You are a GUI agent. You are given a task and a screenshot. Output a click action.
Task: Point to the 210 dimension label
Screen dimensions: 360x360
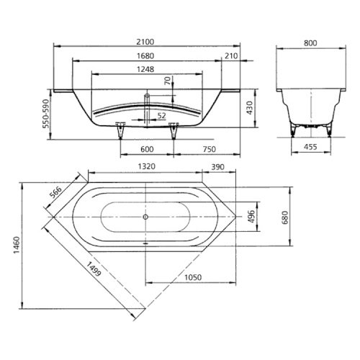231,57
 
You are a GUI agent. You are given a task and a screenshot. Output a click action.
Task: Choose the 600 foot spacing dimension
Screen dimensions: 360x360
147,150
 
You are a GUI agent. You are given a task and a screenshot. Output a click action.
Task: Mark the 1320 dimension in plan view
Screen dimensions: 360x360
147,166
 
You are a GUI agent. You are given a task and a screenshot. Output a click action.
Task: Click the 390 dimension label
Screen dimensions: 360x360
217,166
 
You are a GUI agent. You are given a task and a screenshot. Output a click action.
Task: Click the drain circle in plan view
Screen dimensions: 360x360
146,215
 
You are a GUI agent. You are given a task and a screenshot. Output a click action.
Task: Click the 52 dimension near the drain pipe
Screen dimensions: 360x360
161,115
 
